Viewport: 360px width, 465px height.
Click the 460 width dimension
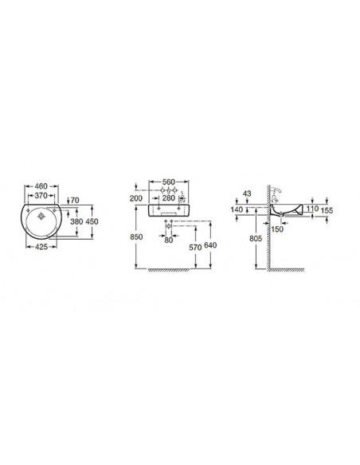(41, 186)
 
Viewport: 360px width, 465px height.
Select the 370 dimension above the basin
(41, 195)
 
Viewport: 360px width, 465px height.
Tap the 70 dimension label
(75, 200)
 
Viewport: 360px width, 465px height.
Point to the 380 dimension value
(76, 221)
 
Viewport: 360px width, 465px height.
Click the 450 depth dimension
(92, 221)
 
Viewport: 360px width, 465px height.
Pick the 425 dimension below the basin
(41, 247)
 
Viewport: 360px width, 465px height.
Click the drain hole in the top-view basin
(41, 217)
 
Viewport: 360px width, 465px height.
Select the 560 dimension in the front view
(169, 182)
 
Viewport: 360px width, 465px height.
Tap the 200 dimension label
(136, 198)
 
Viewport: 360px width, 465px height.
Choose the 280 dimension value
(169, 197)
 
